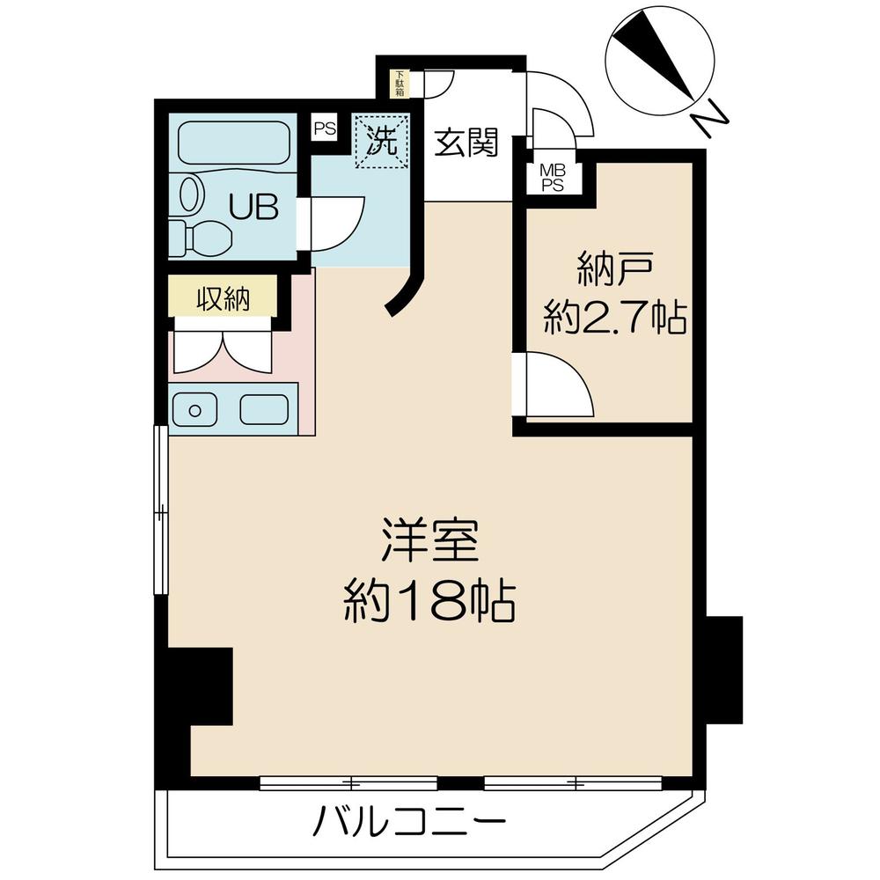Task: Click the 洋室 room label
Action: (429, 543)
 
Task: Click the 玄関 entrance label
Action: (466, 142)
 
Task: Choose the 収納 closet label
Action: (223, 299)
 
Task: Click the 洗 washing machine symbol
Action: (381, 141)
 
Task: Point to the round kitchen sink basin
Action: (194, 410)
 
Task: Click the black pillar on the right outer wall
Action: (724, 670)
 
